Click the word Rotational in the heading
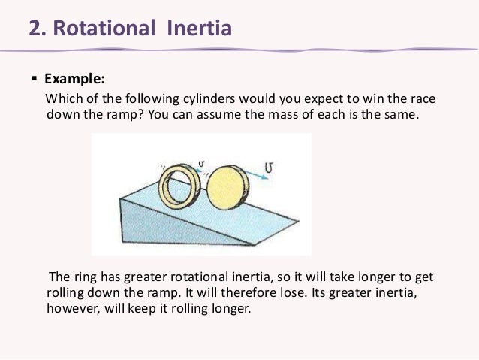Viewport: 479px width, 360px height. click(x=107, y=29)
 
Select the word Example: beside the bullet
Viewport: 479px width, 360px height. click(x=74, y=77)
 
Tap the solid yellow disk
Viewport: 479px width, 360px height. click(x=226, y=194)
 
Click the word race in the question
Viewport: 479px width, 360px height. click(x=423, y=100)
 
